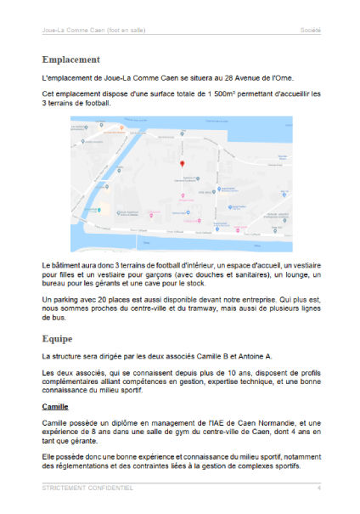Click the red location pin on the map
coord(179,163)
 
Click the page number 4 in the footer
coord(318,489)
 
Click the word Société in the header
coord(310,30)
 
